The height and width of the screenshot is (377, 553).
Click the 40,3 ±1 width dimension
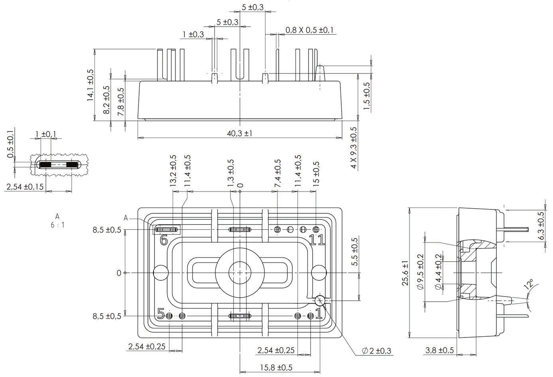240,133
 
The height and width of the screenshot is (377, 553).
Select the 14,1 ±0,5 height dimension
91,85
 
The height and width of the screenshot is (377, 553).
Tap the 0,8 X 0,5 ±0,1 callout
309,30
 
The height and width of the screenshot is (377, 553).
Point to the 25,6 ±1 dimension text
405,273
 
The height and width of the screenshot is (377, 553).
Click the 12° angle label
529,284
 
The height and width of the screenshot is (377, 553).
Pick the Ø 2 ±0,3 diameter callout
376,351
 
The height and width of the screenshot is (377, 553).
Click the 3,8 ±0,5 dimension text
439,350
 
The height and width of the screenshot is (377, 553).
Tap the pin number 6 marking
163,240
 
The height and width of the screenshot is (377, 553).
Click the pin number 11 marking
317,240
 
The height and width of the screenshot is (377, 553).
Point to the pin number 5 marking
161,314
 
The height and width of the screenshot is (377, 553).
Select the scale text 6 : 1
57,225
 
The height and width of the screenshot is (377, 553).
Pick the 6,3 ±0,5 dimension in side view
541,226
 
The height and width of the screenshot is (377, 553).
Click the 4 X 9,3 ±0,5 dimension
354,147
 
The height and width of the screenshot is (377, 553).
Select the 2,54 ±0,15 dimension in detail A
25,186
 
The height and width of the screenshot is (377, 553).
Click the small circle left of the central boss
161,273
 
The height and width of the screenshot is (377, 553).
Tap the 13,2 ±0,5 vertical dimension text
173,171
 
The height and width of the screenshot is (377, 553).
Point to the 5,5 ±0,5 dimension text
355,251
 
